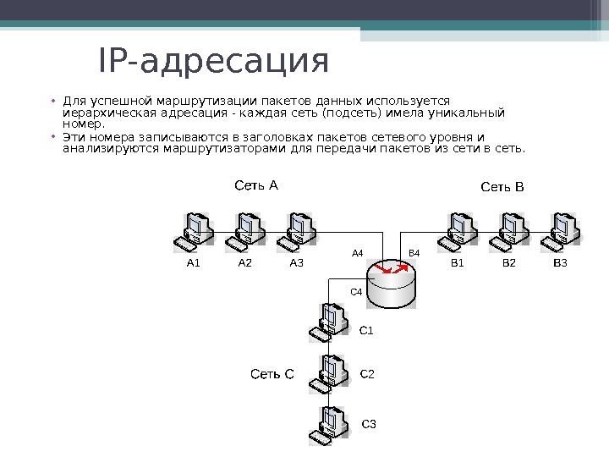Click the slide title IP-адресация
(x=213, y=62)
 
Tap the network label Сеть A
(x=255, y=184)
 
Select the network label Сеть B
(x=502, y=186)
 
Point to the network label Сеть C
(x=272, y=373)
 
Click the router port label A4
(x=357, y=253)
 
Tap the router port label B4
(x=414, y=253)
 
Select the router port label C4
(x=356, y=291)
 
